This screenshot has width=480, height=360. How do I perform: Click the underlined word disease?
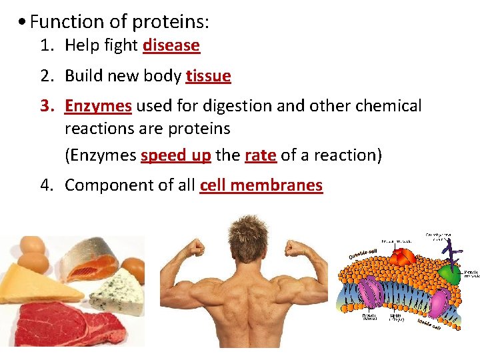pyautogui.click(x=171, y=45)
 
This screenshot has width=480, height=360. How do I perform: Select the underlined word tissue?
pyautogui.click(x=209, y=76)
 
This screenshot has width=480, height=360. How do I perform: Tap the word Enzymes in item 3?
pyautogui.click(x=98, y=106)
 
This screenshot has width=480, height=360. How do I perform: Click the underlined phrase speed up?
pyautogui.click(x=176, y=155)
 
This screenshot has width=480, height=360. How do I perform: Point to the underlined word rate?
pyautogui.click(x=260, y=155)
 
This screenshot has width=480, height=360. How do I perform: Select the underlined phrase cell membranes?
pyautogui.click(x=261, y=185)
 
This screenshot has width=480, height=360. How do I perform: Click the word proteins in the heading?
pyautogui.click(x=170, y=22)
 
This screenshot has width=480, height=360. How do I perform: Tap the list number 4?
pyautogui.click(x=46, y=185)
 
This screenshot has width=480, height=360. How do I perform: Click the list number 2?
pyautogui.click(x=46, y=76)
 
